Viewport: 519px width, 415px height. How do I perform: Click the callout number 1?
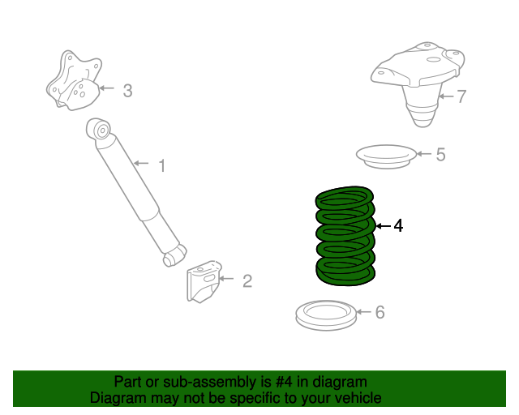coord(161,166)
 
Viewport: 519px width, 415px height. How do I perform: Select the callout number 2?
coord(247,281)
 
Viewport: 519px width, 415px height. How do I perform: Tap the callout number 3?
coord(127,91)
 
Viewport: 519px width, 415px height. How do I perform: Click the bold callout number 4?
coord(397,226)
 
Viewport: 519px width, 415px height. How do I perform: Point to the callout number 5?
coord(440,154)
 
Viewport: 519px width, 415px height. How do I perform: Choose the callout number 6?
coord(380,313)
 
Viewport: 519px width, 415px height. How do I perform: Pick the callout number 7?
coord(461,97)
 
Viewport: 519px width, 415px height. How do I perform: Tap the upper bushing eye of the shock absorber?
coord(101,128)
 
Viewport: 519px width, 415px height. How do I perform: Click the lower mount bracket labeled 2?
coord(204,281)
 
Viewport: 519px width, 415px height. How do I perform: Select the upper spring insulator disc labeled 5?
coord(385,154)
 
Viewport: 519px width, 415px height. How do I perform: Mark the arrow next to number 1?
coord(141,165)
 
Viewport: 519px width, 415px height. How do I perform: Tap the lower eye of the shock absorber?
coord(172,257)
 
